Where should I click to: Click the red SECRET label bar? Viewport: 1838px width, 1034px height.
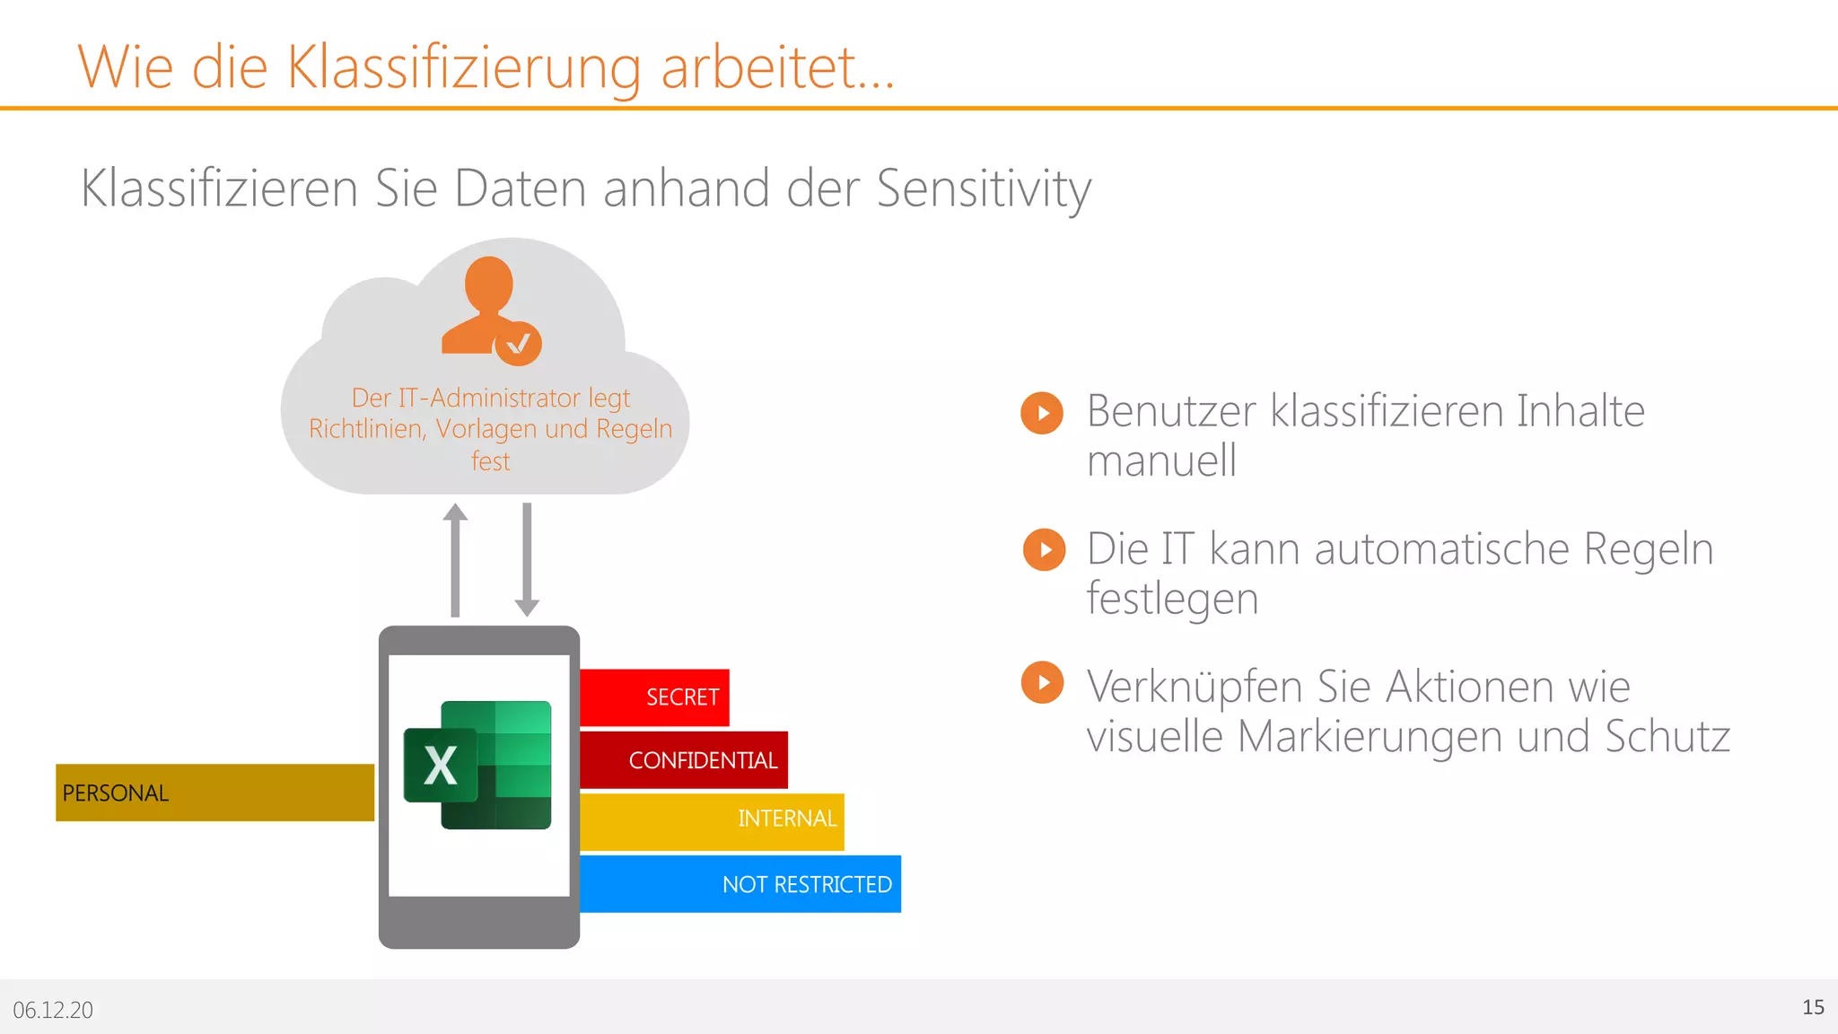click(x=654, y=697)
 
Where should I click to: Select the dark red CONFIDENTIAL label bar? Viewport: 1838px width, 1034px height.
click(x=684, y=760)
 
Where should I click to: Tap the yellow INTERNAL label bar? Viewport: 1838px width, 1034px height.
click(x=712, y=820)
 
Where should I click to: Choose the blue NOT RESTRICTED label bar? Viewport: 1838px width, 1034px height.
click(x=740, y=884)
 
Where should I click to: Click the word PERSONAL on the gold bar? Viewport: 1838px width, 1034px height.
click(x=116, y=793)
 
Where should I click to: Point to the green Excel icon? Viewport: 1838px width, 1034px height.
click(x=477, y=765)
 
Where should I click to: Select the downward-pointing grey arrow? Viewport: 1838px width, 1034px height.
click(x=527, y=559)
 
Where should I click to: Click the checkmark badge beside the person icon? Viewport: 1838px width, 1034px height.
click(x=519, y=343)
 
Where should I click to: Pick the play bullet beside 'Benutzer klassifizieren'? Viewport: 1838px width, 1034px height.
click(x=1042, y=413)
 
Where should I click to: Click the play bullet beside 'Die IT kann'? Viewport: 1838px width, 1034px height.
click(x=1044, y=549)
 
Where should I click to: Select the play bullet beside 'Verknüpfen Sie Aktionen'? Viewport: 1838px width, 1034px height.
click(x=1042, y=683)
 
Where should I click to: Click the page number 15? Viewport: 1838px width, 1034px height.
click(x=1813, y=1007)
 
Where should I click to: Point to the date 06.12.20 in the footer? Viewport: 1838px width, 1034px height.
click(x=53, y=1010)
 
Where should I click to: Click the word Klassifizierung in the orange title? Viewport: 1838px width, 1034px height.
click(x=463, y=67)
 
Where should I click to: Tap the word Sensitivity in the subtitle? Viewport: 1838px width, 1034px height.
click(x=984, y=188)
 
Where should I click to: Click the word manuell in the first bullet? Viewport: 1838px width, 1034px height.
click(x=1161, y=461)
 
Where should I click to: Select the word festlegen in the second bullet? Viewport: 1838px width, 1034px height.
click(x=1172, y=599)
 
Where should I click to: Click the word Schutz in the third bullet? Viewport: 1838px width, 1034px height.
click(x=1667, y=737)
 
